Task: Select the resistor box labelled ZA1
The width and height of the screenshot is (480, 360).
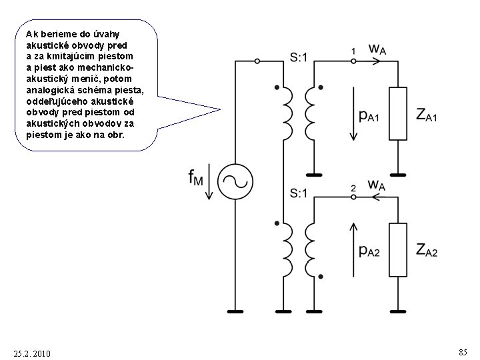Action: coord(397,113)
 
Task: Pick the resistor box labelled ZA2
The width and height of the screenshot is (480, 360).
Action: coord(397,250)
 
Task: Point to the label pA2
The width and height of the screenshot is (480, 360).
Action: coord(369,251)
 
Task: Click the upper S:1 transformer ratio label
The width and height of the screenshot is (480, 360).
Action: coord(299,58)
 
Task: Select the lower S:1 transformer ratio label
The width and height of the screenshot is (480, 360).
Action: coord(299,194)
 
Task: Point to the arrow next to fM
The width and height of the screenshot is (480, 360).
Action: coord(209,183)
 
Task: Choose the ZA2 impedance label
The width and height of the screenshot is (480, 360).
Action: coord(427,251)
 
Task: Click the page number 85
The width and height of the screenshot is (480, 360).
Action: coord(463,351)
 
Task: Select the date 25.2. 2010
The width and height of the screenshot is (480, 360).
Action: coord(31,352)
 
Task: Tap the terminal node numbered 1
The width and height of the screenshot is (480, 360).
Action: coord(353,60)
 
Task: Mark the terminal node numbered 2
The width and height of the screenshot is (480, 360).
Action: coord(353,198)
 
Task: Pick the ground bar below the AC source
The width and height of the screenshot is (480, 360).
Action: coord(235,311)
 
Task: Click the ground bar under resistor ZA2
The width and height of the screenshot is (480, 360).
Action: coord(397,311)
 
